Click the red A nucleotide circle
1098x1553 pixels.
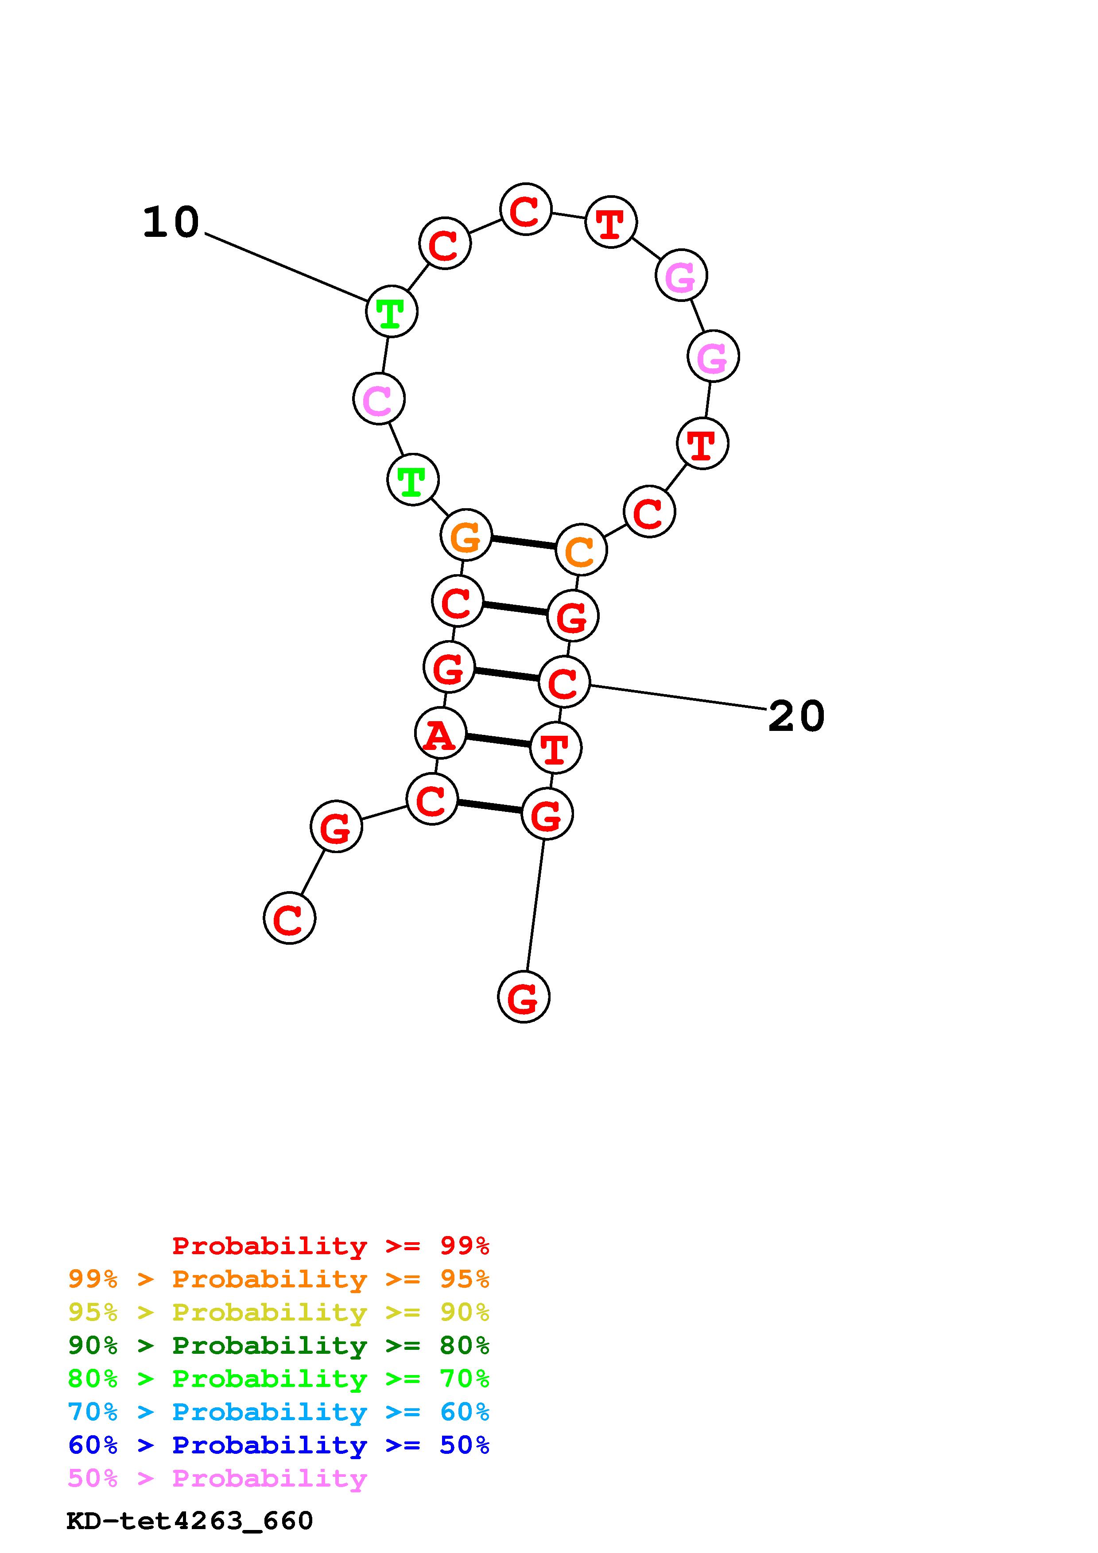coord(440,733)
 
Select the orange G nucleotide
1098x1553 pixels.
coord(466,535)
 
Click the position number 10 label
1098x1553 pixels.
coord(171,223)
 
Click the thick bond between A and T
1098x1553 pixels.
coord(498,741)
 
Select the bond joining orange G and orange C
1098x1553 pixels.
coord(523,542)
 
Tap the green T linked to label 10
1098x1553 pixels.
coord(391,311)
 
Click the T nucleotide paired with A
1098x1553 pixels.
coord(555,748)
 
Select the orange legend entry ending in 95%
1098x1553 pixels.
coord(278,1279)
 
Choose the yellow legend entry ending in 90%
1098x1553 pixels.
coord(278,1312)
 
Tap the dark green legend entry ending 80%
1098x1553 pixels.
coord(278,1345)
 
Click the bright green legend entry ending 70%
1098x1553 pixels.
coord(278,1379)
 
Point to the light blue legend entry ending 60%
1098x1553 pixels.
coord(278,1412)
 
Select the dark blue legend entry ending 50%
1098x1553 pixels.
coord(278,1445)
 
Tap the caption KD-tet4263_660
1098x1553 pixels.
coord(190,1521)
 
